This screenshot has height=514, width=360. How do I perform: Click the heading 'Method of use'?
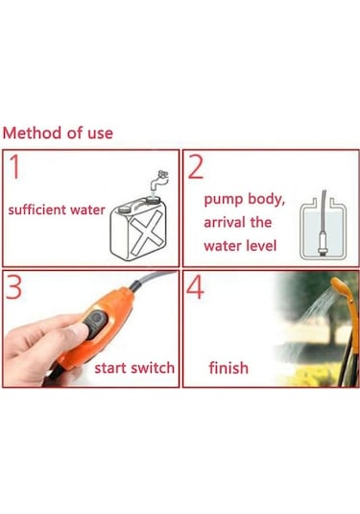coord(58,133)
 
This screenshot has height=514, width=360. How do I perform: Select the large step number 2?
coord(197,168)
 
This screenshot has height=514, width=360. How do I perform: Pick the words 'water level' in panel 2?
coord(239,246)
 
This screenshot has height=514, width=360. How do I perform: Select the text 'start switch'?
coord(134,368)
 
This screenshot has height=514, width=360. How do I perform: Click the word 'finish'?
coord(228,368)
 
